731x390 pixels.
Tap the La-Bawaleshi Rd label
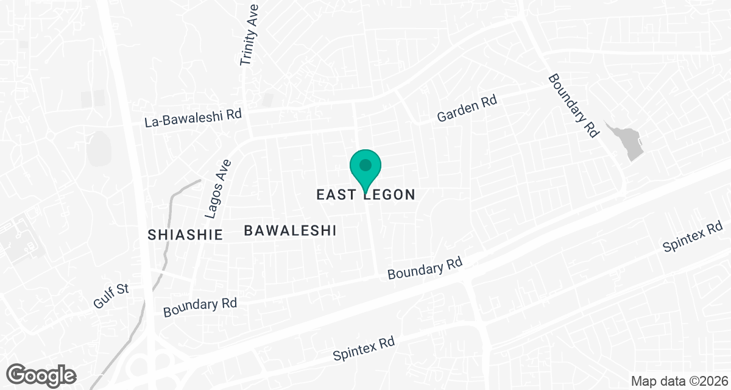click(193, 118)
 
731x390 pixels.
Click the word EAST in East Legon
click(337, 195)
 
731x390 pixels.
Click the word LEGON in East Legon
click(390, 195)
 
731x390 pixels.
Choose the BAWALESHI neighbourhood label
click(291, 230)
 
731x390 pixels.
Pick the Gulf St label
click(111, 297)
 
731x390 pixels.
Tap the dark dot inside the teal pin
click(365, 165)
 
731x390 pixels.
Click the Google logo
click(41, 375)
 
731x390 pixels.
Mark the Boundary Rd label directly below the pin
click(426, 269)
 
